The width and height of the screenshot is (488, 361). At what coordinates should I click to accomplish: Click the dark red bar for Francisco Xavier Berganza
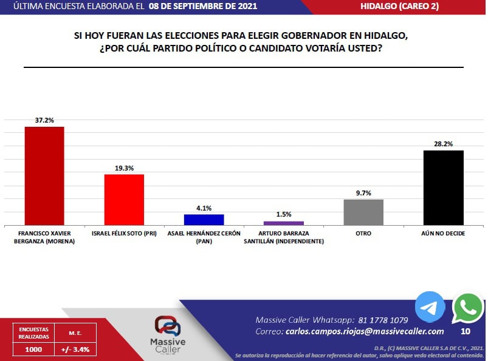(x=44, y=176)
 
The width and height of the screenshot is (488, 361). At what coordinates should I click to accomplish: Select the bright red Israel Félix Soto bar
(x=124, y=200)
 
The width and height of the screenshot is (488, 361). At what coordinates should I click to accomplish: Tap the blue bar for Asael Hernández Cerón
(x=204, y=220)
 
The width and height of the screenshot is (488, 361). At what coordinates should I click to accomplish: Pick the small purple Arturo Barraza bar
(x=284, y=223)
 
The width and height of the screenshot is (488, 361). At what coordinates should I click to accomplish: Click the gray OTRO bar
(x=363, y=212)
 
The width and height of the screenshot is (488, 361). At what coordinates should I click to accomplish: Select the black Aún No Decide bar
(x=444, y=188)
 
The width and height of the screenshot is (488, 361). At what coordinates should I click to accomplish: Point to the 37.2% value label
(x=44, y=120)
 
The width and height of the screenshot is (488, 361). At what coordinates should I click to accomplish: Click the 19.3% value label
(x=124, y=168)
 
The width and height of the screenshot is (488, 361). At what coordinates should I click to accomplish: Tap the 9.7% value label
(x=363, y=193)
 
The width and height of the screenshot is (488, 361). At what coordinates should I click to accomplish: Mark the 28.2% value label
(x=444, y=144)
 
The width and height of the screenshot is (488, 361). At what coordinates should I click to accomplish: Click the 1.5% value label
(x=284, y=214)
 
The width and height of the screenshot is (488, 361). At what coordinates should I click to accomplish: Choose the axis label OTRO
(x=363, y=234)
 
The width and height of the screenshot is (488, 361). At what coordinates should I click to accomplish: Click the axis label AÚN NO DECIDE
(x=443, y=234)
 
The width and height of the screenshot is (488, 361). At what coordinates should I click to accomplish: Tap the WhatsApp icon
(x=468, y=308)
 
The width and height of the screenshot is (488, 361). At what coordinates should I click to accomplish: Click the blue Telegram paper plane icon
(x=430, y=307)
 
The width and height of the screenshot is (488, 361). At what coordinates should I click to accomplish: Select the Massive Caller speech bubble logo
(x=168, y=326)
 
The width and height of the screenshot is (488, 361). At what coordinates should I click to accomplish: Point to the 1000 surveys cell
(x=33, y=349)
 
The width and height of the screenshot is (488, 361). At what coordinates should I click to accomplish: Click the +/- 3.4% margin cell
(x=75, y=349)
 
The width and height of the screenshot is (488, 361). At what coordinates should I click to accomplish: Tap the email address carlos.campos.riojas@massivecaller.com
(x=365, y=331)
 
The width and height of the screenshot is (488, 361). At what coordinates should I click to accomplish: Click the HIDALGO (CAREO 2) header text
(x=400, y=6)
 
